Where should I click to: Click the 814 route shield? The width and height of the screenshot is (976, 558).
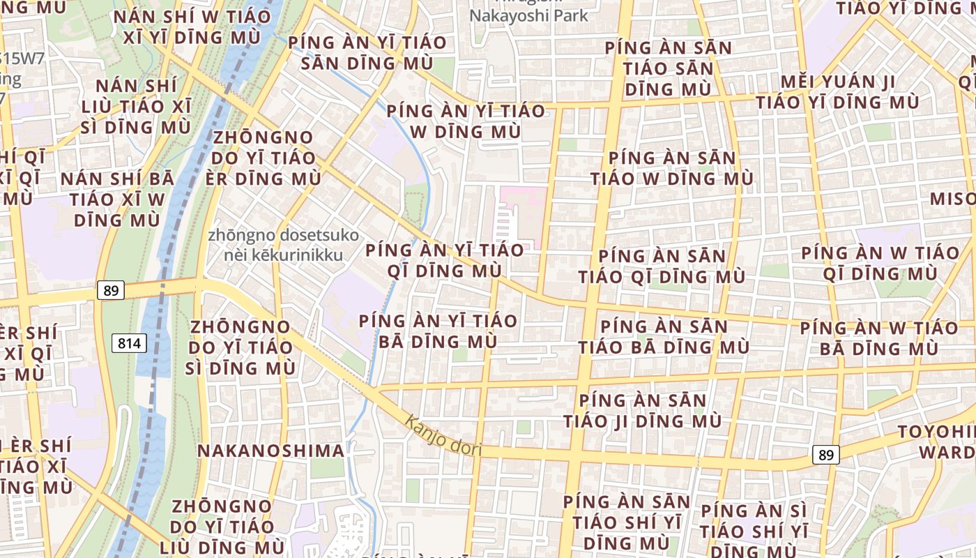[x=129, y=342]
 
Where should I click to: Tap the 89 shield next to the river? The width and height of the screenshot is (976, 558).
[x=110, y=290]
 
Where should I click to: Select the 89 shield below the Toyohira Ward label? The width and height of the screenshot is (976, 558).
[x=825, y=455]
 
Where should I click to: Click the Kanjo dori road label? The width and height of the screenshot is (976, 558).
[x=443, y=435]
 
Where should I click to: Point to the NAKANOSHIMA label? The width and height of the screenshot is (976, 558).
[x=270, y=451]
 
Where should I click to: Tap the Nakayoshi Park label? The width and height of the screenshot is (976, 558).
[x=528, y=15]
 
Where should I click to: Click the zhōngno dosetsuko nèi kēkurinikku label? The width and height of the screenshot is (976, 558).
[x=283, y=245]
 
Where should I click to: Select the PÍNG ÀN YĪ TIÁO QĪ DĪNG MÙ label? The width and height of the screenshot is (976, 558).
[x=445, y=260]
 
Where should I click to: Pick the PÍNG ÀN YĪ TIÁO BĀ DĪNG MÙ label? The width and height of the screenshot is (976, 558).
[x=438, y=331]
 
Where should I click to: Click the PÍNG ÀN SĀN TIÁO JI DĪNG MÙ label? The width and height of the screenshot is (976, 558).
[x=642, y=411]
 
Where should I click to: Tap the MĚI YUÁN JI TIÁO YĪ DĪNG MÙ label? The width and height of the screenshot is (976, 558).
[x=837, y=92]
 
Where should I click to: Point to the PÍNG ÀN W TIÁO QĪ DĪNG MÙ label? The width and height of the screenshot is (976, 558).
[x=880, y=263]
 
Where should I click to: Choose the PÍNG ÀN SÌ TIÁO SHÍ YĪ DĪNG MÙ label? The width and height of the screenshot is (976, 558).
[x=754, y=530]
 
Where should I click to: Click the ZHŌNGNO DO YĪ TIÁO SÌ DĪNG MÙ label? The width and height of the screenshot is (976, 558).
[x=241, y=347]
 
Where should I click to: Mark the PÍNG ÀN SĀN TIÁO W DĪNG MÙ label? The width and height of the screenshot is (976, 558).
[x=672, y=168]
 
